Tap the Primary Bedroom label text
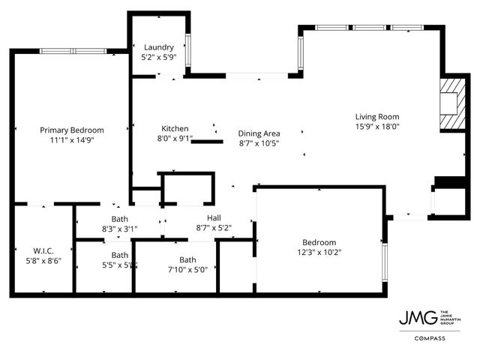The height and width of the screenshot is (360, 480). tap(71, 130)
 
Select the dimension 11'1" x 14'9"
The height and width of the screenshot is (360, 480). tap(71, 139)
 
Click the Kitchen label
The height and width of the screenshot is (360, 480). tap(175, 128)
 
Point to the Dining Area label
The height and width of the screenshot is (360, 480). tap(259, 133)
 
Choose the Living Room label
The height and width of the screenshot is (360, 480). tap(376, 116)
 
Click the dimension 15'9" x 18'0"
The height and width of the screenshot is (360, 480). tap(376, 126)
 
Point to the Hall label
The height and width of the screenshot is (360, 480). tap(213, 217)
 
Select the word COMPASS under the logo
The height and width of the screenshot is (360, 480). tap(430, 338)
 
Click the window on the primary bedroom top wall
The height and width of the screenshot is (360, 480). tap(73, 51)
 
